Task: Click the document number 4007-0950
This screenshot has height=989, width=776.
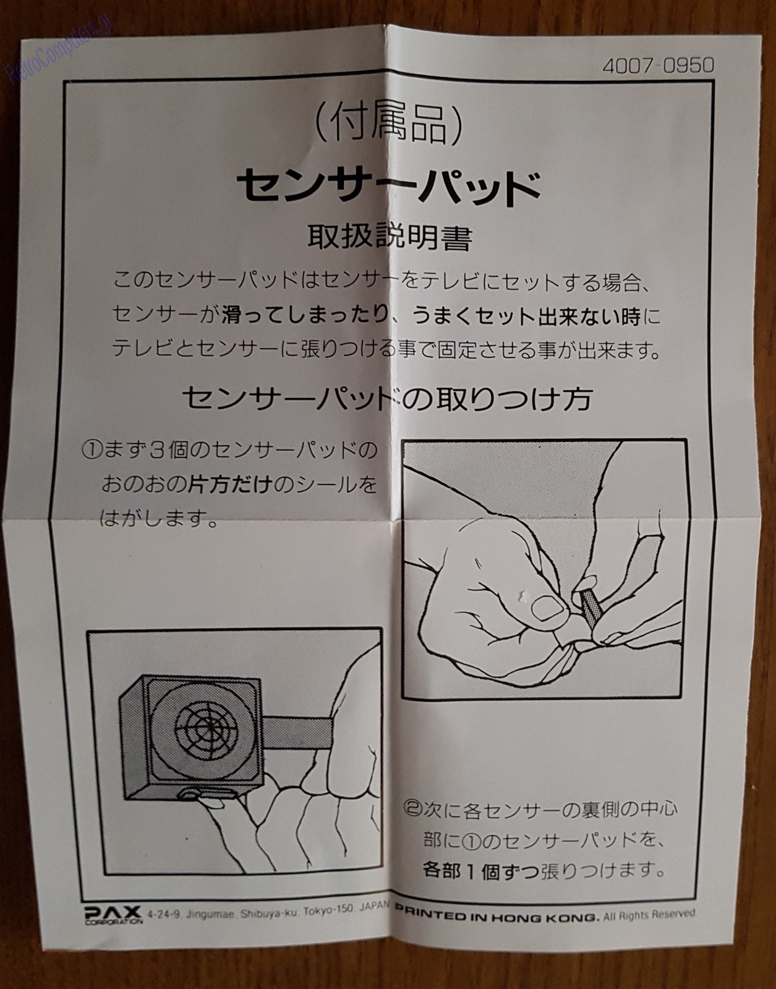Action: (658, 66)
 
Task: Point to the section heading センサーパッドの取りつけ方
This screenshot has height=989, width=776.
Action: (388, 398)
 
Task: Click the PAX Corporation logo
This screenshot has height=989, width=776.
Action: (113, 914)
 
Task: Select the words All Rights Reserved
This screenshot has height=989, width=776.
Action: (649, 914)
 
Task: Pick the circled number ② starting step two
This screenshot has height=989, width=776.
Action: (413, 809)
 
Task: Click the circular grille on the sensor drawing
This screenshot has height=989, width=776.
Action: (206, 730)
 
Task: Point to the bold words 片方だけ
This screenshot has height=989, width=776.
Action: (230, 485)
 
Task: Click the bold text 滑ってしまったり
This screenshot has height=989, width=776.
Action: (305, 316)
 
